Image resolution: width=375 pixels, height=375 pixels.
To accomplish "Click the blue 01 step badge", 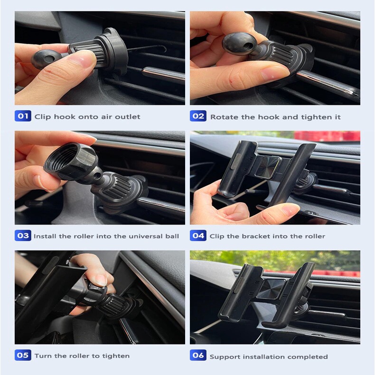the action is click(23, 116).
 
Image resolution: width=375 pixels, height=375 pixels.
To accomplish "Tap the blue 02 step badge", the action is click(198, 116).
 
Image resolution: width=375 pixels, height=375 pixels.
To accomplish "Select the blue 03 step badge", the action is click(23, 235).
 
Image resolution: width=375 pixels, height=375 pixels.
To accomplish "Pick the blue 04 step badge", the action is click(198, 235).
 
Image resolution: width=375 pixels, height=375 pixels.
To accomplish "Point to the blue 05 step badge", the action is click(23, 355).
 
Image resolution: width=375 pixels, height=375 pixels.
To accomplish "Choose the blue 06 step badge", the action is click(198, 355).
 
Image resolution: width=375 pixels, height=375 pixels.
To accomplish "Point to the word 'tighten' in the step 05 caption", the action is click(116, 356).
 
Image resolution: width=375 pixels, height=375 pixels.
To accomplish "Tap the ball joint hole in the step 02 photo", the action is click(247, 46).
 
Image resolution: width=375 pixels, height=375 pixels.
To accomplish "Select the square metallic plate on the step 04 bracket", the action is click(268, 168).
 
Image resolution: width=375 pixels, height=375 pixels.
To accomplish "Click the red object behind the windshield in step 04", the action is click(327, 136).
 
